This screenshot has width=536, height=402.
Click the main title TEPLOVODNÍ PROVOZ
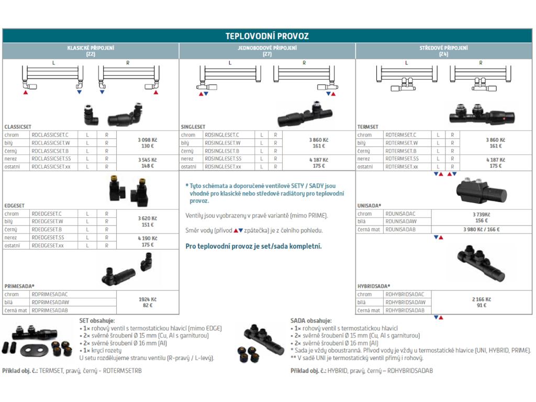[x=267, y=36]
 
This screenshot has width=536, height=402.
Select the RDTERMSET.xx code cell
[x=401, y=166]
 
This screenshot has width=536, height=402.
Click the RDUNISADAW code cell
[x=402, y=222]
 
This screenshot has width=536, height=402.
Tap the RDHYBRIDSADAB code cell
[x=405, y=310]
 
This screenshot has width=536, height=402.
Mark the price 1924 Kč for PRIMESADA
[x=147, y=299]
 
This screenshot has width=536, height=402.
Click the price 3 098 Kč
[x=147, y=140]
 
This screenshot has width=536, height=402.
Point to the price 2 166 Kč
[x=482, y=299]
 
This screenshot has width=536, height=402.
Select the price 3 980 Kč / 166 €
[x=482, y=230]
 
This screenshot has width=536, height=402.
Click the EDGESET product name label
[x=14, y=206]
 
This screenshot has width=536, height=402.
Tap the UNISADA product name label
[x=369, y=206]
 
